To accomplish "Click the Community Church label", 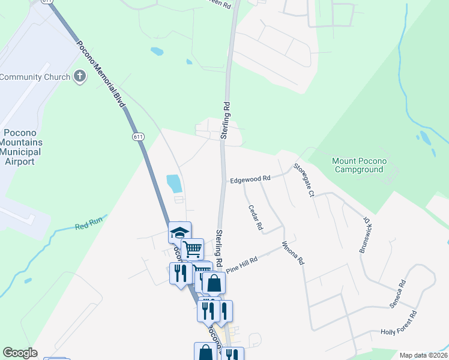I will (35, 77).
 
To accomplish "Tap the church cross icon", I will (79, 76).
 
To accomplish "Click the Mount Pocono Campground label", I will (359, 166).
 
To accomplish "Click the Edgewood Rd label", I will (251, 179).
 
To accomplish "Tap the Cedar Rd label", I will (256, 217).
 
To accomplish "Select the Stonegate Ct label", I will (304, 181).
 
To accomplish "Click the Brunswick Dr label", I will (367, 235).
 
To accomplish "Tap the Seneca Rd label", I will (398, 293).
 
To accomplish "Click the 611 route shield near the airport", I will (139, 137).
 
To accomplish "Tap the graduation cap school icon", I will (179, 232).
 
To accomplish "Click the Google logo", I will (20, 353).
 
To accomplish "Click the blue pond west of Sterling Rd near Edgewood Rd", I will (173, 182).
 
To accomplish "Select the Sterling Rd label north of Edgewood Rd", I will (226, 120).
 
